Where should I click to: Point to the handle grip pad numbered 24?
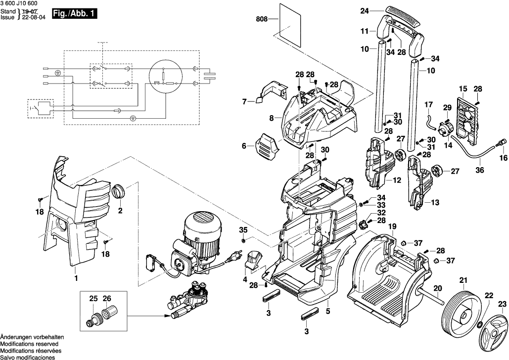point(403,15)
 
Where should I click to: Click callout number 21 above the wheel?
point(463,280)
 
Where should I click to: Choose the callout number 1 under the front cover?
point(76,278)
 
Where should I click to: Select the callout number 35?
point(243,230)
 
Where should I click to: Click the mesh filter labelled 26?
point(108,313)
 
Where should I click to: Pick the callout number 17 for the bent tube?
point(428,105)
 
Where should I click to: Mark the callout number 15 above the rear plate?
point(463,89)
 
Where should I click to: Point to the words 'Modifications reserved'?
point(29,344)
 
